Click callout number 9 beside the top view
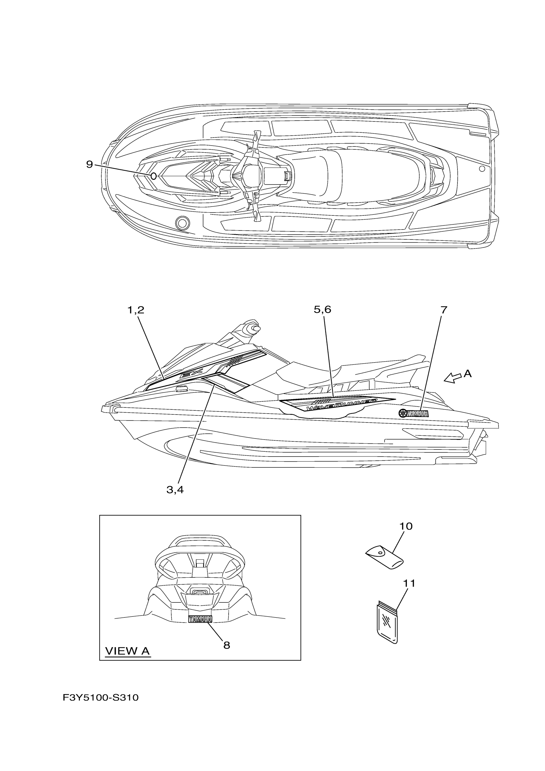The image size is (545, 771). click(x=89, y=164)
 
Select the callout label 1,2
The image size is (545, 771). click(x=136, y=310)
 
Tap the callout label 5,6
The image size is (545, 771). click(x=323, y=309)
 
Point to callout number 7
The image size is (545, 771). click(x=444, y=310)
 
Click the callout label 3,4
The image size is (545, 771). click(x=175, y=490)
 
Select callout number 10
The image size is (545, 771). click(x=406, y=526)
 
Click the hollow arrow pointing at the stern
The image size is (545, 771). click(x=452, y=379)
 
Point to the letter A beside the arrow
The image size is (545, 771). click(x=468, y=373)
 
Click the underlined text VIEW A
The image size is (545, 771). click(x=127, y=651)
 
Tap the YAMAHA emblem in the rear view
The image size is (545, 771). click(x=200, y=619)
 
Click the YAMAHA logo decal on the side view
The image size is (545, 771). click(x=413, y=414)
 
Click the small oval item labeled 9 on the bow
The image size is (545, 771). click(x=153, y=176)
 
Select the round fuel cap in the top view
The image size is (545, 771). click(x=182, y=222)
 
